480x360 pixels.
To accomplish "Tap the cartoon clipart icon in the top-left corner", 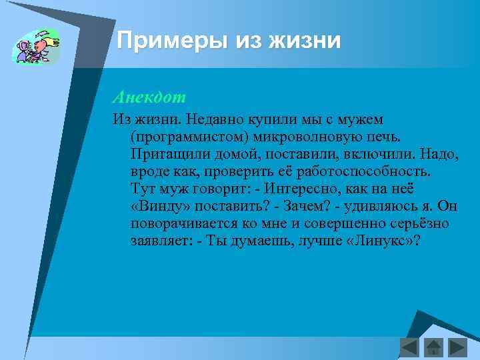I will [x=36, y=47].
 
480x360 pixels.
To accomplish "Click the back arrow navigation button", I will [x=409, y=347].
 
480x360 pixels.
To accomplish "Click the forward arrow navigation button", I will [x=457, y=347].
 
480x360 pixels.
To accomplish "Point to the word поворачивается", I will [x=181, y=223].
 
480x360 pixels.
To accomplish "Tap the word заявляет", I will [x=161, y=241].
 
